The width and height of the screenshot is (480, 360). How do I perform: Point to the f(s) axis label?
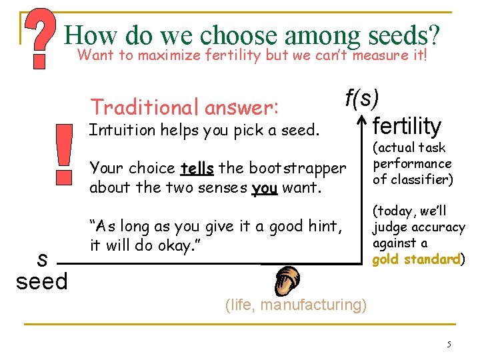(x=362, y=99)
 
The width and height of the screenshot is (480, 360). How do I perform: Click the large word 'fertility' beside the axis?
(x=407, y=125)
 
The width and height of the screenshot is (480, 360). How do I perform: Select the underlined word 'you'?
(x=264, y=188)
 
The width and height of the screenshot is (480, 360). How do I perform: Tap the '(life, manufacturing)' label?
(x=295, y=305)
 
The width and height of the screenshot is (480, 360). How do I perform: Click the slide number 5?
(x=449, y=344)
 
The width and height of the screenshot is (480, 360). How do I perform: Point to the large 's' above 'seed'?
(x=41, y=257)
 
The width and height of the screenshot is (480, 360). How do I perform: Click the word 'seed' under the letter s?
(x=42, y=281)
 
